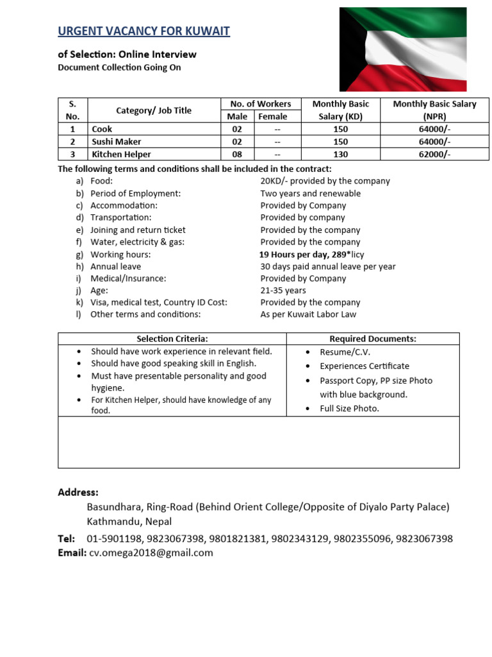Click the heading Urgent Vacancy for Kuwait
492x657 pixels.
coord(143,31)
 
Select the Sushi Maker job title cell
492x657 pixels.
coord(116,141)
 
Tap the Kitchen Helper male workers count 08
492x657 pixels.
coord(237,154)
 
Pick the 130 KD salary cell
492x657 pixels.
coord(340,154)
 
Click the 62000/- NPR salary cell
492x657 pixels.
coord(434,154)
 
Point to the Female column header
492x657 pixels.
coord(273,116)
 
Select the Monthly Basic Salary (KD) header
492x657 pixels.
coord(340,110)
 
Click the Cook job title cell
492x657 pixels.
coord(102,129)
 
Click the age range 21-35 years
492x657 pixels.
coord(283,291)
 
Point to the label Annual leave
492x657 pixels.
coord(115,266)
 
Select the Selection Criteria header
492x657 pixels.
coord(172,339)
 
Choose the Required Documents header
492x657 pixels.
coord(373,339)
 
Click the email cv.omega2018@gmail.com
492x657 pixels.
coord(151,552)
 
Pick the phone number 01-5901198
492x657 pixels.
coord(112,538)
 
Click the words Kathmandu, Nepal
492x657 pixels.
coord(129,521)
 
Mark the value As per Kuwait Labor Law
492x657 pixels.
coord(308,314)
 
